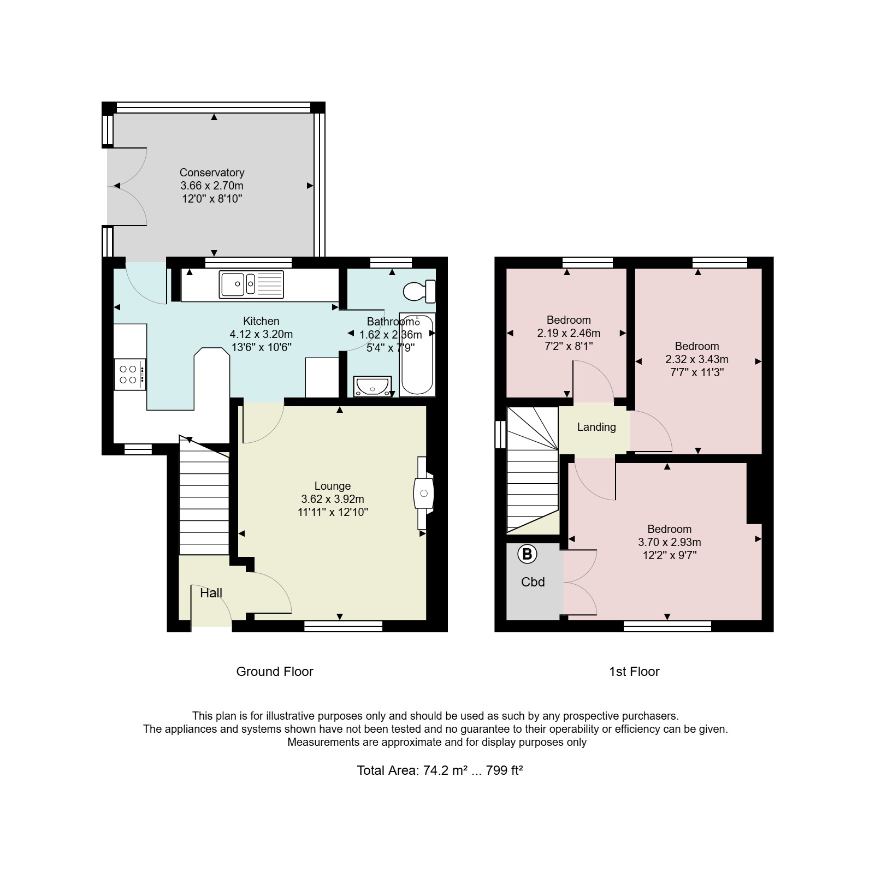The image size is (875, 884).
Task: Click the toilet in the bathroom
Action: (419, 292)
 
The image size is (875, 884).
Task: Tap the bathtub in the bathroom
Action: (417, 354)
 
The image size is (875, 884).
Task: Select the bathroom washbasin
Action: (373, 386)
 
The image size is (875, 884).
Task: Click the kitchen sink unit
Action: (251, 284)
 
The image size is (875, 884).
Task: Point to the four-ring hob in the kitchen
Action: (130, 374)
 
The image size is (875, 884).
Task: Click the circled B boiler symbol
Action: (527, 554)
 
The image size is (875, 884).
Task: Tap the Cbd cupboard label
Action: (533, 582)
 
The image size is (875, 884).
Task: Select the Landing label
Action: (596, 427)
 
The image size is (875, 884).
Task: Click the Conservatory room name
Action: (212, 173)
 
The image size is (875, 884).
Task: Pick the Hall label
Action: (211, 593)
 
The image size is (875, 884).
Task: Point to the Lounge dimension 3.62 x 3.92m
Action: (333, 499)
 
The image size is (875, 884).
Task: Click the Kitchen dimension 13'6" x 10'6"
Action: (261, 347)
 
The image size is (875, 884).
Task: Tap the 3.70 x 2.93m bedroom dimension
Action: (670, 542)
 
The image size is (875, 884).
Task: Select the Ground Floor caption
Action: (275, 672)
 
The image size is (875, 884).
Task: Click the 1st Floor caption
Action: (634, 672)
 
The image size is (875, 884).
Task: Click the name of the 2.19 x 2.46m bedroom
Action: (569, 320)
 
